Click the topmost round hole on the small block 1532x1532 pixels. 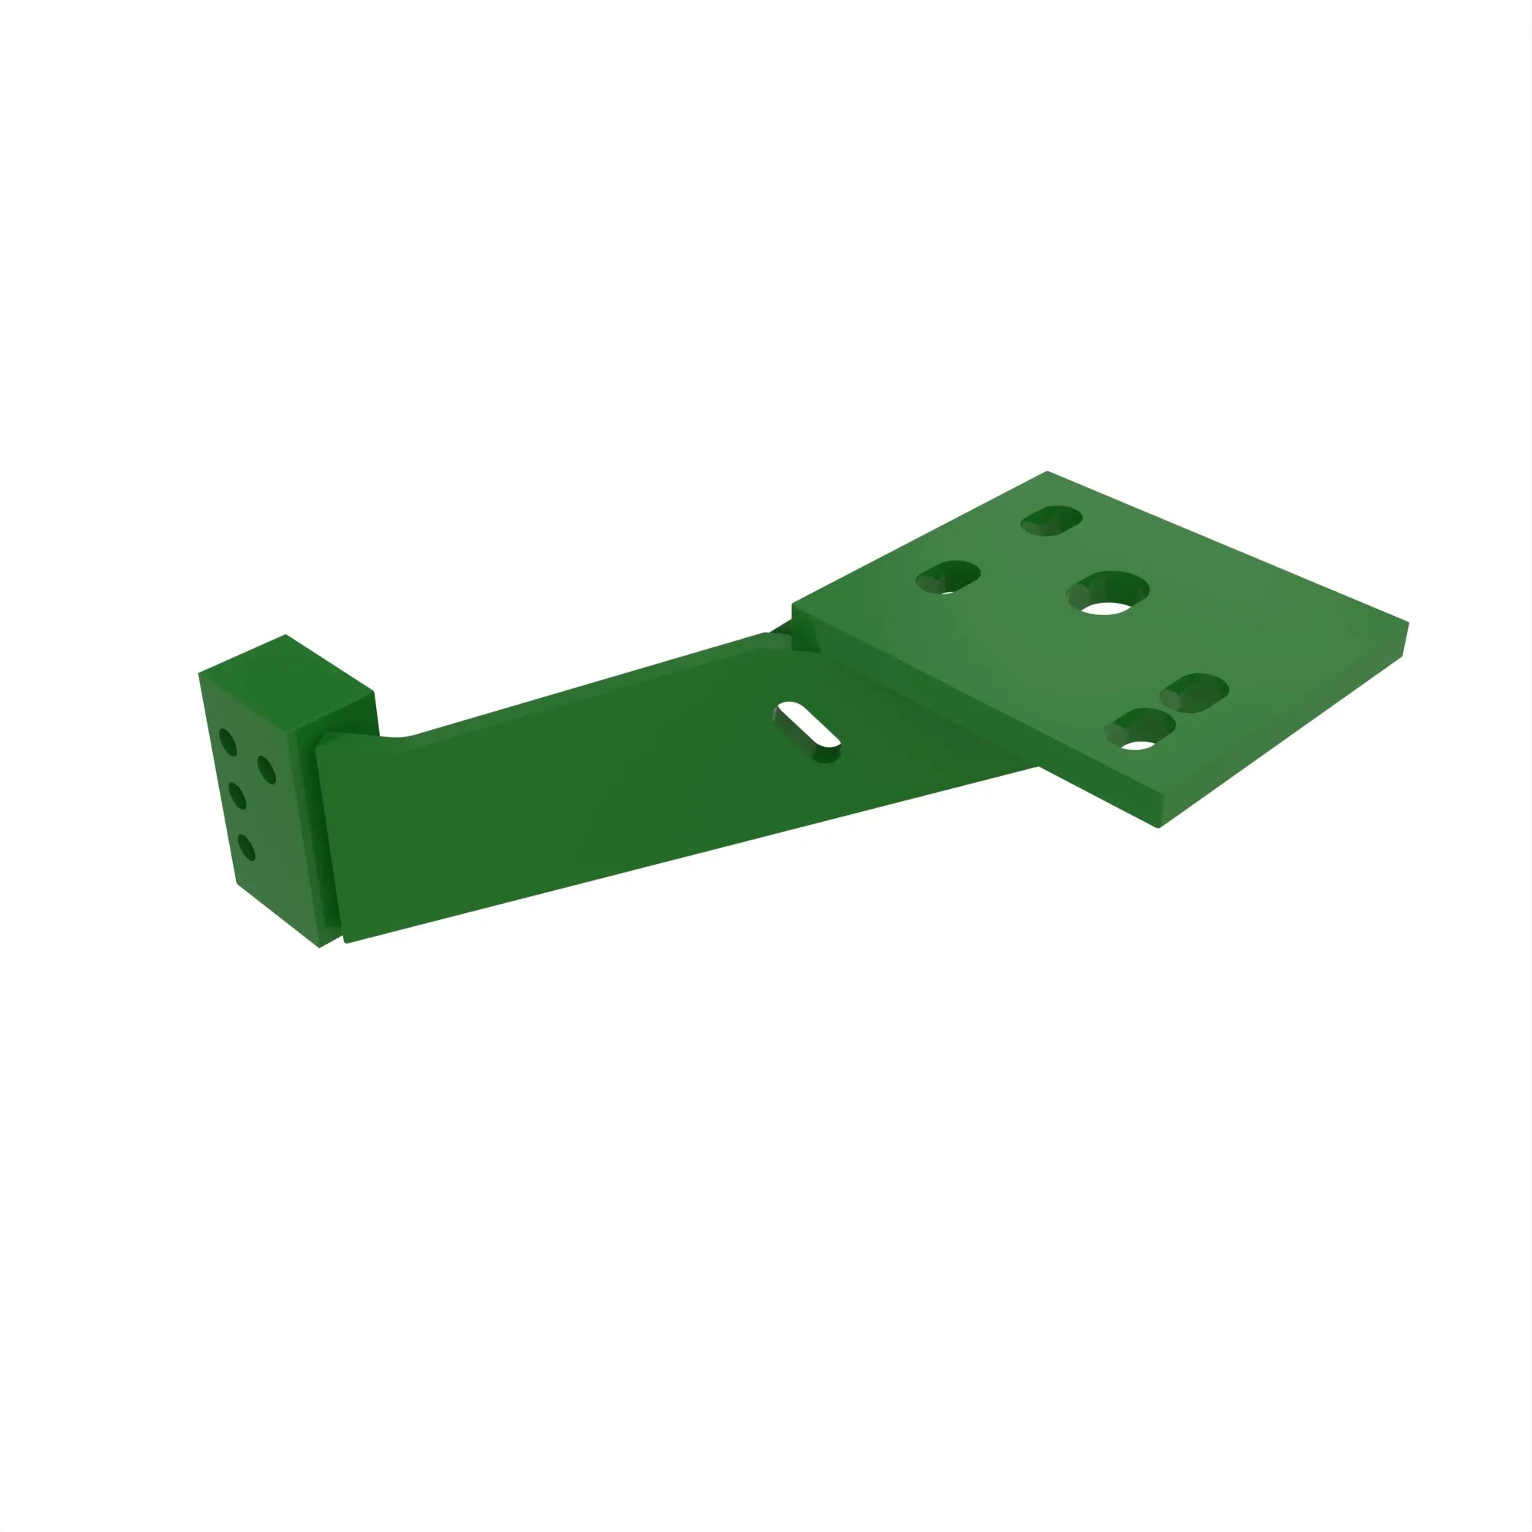(228, 742)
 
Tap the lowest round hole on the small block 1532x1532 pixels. (247, 847)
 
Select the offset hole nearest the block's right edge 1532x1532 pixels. (267, 770)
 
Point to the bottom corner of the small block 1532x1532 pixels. (319, 947)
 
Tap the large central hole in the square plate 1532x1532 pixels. (1107, 592)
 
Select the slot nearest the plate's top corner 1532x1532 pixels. (1052, 520)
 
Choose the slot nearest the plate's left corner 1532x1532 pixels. (948, 578)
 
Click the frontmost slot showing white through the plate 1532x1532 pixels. (1141, 728)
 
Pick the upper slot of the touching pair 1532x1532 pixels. (1195, 692)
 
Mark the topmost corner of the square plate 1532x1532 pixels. (1046, 473)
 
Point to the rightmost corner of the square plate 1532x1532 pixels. (1406, 624)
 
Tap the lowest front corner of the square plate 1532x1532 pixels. (1158, 827)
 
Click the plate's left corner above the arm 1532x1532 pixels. (793, 605)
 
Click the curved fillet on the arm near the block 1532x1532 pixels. (397, 738)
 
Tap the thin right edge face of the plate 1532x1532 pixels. (1404, 639)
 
